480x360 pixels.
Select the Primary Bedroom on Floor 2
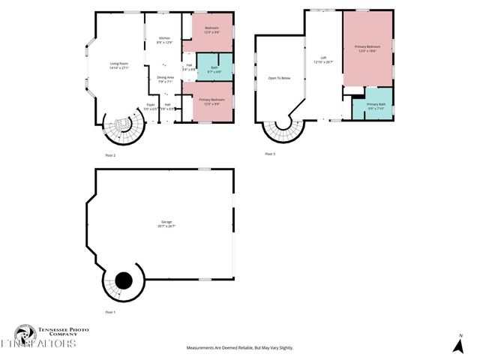point(212,101)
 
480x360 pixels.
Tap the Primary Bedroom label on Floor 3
point(367,48)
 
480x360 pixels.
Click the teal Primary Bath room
point(376,106)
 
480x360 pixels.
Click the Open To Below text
point(279,77)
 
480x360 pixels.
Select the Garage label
point(166,223)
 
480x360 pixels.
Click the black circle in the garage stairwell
point(123,280)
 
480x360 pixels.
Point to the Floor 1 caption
point(110,311)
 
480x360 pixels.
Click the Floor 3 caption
point(270,154)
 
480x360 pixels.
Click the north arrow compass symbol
point(457,345)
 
